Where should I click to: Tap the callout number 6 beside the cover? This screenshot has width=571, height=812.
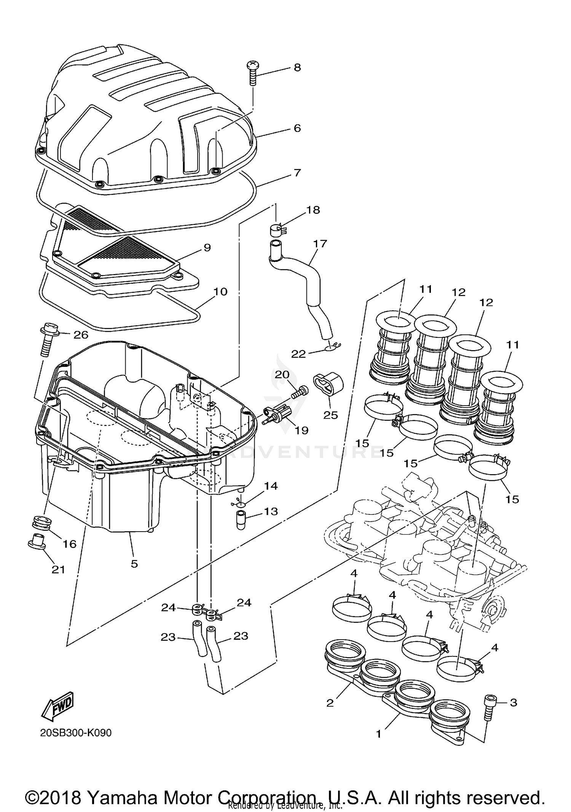point(297,128)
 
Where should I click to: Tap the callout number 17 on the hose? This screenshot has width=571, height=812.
point(320,243)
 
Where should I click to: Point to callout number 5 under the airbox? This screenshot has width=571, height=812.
point(134,564)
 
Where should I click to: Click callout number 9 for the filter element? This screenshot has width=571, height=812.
point(207,248)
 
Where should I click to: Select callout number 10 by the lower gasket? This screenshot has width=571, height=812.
point(220,292)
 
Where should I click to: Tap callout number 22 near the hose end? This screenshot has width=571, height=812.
point(298,354)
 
